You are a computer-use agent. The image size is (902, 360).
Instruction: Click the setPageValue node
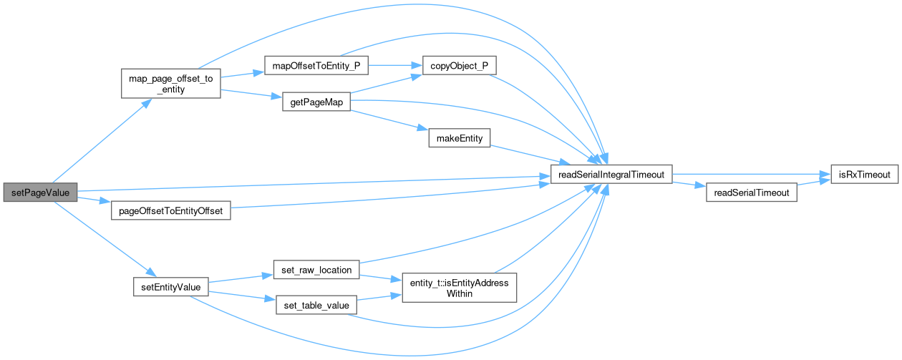pyautogui.click(x=39, y=193)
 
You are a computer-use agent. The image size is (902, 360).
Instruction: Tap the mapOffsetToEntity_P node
pyautogui.click(x=316, y=66)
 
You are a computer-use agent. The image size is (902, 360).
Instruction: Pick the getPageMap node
pyautogui.click(x=316, y=102)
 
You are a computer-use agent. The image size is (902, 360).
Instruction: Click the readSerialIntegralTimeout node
pyautogui.click(x=610, y=174)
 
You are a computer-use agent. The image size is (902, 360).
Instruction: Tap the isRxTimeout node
pyautogui.click(x=864, y=174)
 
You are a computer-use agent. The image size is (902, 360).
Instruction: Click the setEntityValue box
pyautogui.click(x=171, y=287)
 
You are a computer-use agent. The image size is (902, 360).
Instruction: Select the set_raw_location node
pyautogui.click(x=316, y=270)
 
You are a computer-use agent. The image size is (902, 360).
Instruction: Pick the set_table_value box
pyautogui.click(x=316, y=306)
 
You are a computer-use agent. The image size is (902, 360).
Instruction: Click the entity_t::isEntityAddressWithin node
pyautogui.click(x=459, y=288)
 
